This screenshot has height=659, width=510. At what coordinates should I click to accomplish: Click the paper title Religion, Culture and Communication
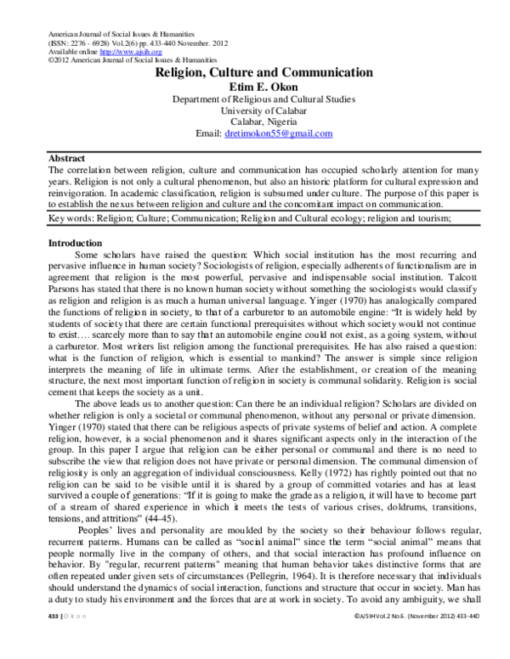pyautogui.click(x=263, y=73)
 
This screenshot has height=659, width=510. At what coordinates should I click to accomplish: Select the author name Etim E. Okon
pyautogui.click(x=263, y=87)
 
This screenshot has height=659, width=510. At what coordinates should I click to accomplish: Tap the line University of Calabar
pyautogui.click(x=263, y=110)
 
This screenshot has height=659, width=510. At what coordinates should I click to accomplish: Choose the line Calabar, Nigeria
pyautogui.click(x=263, y=122)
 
